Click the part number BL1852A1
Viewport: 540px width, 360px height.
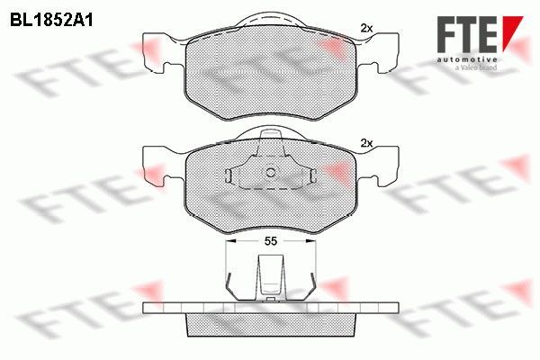pos(51,21)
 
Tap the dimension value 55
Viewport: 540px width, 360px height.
pos(271,241)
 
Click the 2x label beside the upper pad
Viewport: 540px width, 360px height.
pos(366,28)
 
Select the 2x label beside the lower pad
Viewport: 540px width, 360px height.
pos(366,143)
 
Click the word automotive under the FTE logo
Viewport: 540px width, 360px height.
pos(467,59)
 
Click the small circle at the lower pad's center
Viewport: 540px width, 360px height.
pos(271,173)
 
